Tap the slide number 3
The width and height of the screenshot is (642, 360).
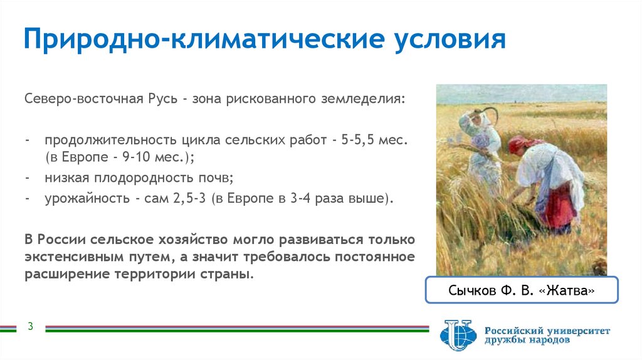pos(29,327)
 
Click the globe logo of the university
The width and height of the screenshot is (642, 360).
pos(458,335)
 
